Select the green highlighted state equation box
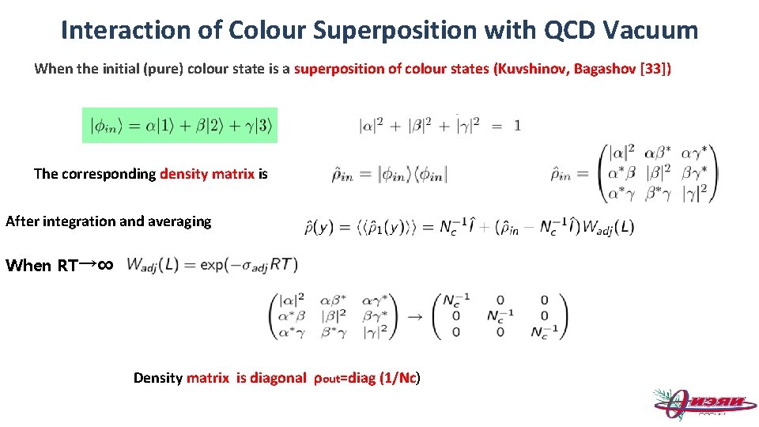[x=180, y=125]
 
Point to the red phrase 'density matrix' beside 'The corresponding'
[x=207, y=174]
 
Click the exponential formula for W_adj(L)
[x=212, y=264]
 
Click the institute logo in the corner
[x=699, y=403]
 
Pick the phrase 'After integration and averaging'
[x=108, y=221]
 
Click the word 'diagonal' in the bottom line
[x=278, y=378]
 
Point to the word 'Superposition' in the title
[x=395, y=30]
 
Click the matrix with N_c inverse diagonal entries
[x=500, y=316]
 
